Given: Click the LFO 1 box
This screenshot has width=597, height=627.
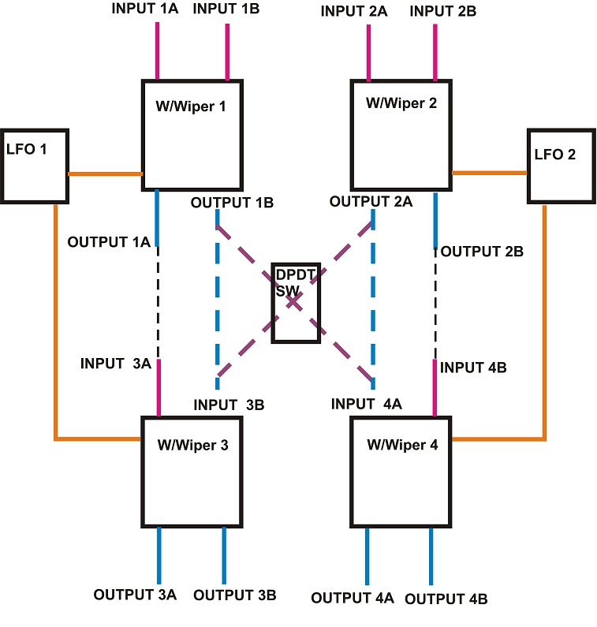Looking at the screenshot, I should [34, 166].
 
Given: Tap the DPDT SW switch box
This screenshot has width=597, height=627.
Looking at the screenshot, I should [296, 303].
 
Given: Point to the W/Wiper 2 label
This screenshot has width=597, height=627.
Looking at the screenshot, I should [402, 103].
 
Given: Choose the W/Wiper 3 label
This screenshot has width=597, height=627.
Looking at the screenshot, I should [192, 445].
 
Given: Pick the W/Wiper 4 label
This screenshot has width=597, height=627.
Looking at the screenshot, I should [402, 444].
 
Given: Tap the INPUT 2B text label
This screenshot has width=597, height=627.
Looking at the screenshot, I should [442, 12].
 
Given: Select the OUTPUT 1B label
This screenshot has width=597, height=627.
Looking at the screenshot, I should [232, 203].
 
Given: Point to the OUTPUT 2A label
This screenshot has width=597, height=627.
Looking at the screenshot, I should [371, 202].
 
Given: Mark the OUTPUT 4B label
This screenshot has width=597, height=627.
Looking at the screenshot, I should [446, 599].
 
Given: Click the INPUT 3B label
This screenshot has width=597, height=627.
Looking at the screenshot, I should [229, 405].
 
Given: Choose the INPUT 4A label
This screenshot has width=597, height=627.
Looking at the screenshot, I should [367, 404].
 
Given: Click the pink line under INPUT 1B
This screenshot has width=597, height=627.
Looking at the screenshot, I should [227, 52].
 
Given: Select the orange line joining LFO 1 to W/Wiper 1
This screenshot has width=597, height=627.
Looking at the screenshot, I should [104, 174].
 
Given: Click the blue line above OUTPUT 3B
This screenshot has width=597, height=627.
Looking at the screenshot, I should [224, 555].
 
